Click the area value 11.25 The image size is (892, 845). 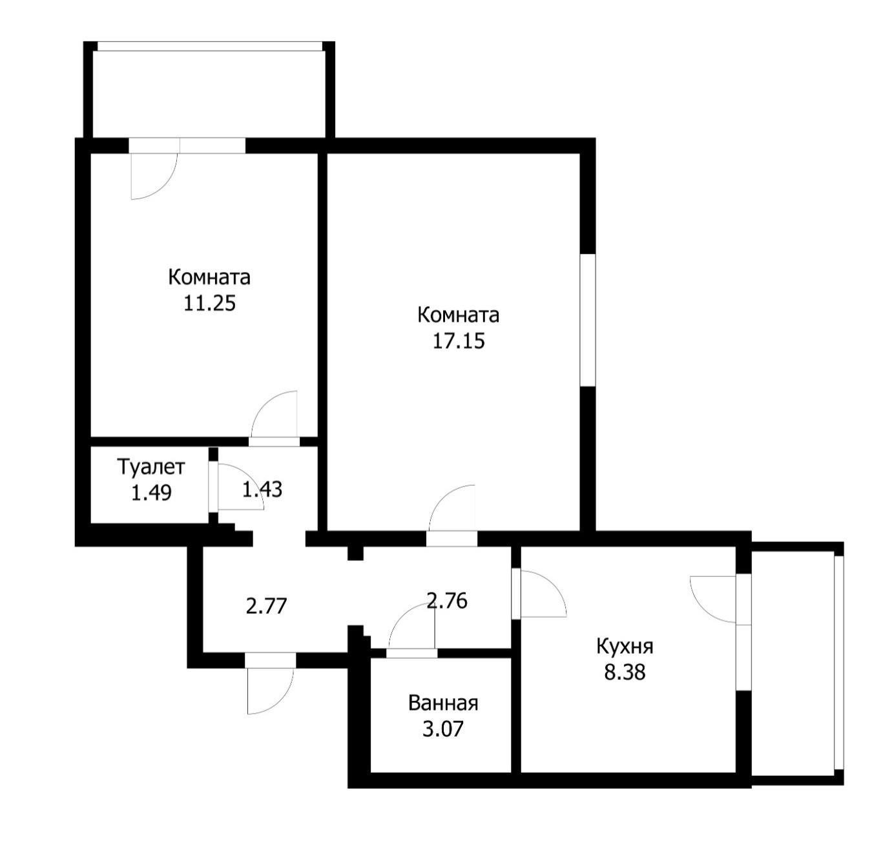tap(209, 303)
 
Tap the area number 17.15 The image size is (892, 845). tap(458, 340)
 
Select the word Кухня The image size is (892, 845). tap(625, 646)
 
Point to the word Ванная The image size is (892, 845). tap(443, 703)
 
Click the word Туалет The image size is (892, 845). tap(151, 466)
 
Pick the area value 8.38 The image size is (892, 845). tap(625, 673)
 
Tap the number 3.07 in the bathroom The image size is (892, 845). tap(443, 729)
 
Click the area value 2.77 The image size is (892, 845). tap(266, 607)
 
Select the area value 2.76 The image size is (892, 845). tap(447, 601)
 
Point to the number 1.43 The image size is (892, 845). tap(262, 489)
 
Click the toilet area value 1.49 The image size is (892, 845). tap(151, 493)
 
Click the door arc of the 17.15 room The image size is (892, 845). tap(452, 507)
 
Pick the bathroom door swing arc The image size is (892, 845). tap(411, 625)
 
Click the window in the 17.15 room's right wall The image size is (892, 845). tap(587, 320)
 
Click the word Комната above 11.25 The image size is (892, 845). tap(209, 277)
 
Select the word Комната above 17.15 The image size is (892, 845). tap(458, 315)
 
